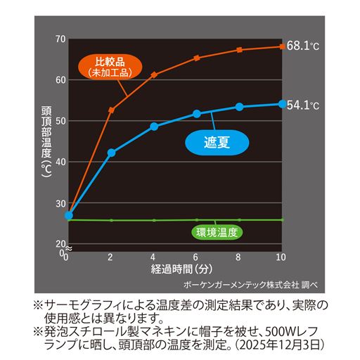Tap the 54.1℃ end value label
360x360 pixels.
click(303, 105)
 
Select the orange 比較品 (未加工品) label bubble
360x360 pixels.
click(108, 65)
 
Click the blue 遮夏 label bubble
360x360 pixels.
click(218, 141)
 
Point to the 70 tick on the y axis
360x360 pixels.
click(60, 39)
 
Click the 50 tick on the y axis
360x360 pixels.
click(60, 120)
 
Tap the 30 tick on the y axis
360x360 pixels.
click(60, 202)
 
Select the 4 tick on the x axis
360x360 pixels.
click(154, 257)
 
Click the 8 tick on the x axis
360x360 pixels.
click(239, 257)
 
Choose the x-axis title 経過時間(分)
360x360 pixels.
click(176, 269)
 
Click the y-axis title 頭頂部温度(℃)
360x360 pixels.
click(46, 141)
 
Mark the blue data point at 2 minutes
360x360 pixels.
click(111, 153)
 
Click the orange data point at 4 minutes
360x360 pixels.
click(154, 74)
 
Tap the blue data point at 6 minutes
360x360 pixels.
click(197, 114)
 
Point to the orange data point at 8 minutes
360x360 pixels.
click(239, 50)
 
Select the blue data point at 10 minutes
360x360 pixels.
click(282, 103)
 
